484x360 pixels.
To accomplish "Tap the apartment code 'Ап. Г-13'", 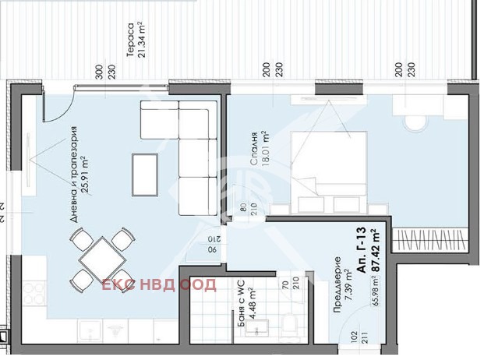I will (x=361, y=249).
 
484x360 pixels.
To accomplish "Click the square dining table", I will (x=100, y=256).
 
